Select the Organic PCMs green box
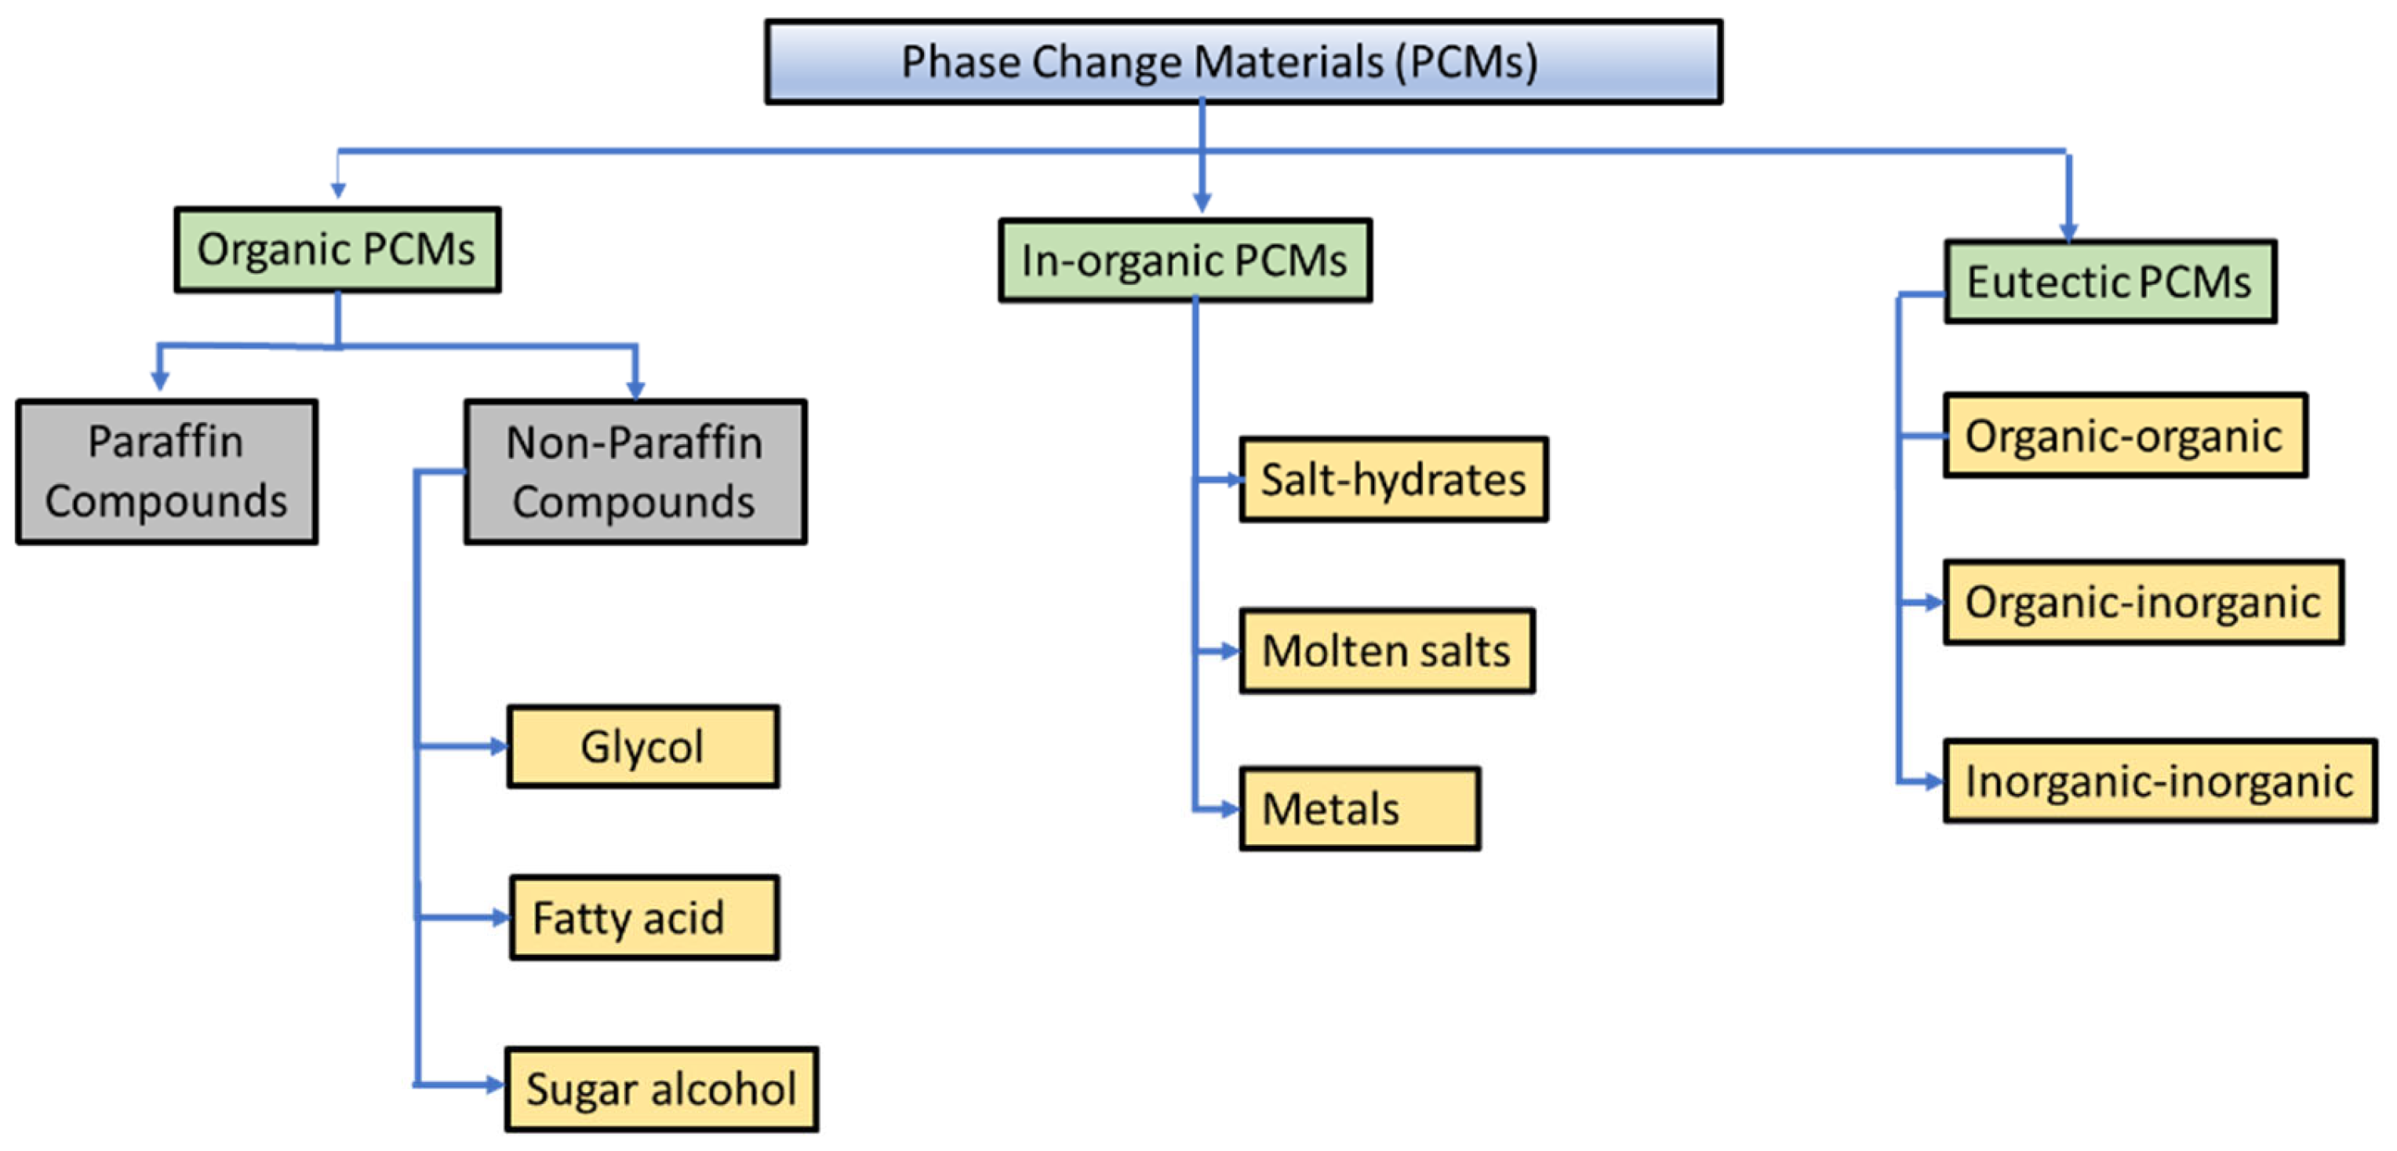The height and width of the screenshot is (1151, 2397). (x=336, y=250)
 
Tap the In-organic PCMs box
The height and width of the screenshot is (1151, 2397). (x=1184, y=260)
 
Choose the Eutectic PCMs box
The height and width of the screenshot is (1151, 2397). (x=2109, y=282)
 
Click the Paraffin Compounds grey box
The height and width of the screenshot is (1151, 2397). (x=166, y=472)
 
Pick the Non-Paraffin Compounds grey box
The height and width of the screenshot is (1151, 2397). (x=635, y=472)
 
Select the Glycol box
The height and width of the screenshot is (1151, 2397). (x=642, y=746)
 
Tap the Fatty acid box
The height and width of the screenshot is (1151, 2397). (x=644, y=917)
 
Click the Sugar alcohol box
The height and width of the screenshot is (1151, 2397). (x=660, y=1089)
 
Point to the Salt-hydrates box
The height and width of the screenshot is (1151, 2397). (x=1393, y=479)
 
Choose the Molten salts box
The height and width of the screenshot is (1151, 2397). (x=1387, y=650)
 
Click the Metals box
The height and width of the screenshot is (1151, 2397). (x=1359, y=807)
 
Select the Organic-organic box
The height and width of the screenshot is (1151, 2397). (x=2124, y=435)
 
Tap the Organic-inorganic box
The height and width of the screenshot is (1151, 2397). (x=2143, y=602)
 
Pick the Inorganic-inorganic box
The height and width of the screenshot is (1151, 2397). (x=2159, y=781)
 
